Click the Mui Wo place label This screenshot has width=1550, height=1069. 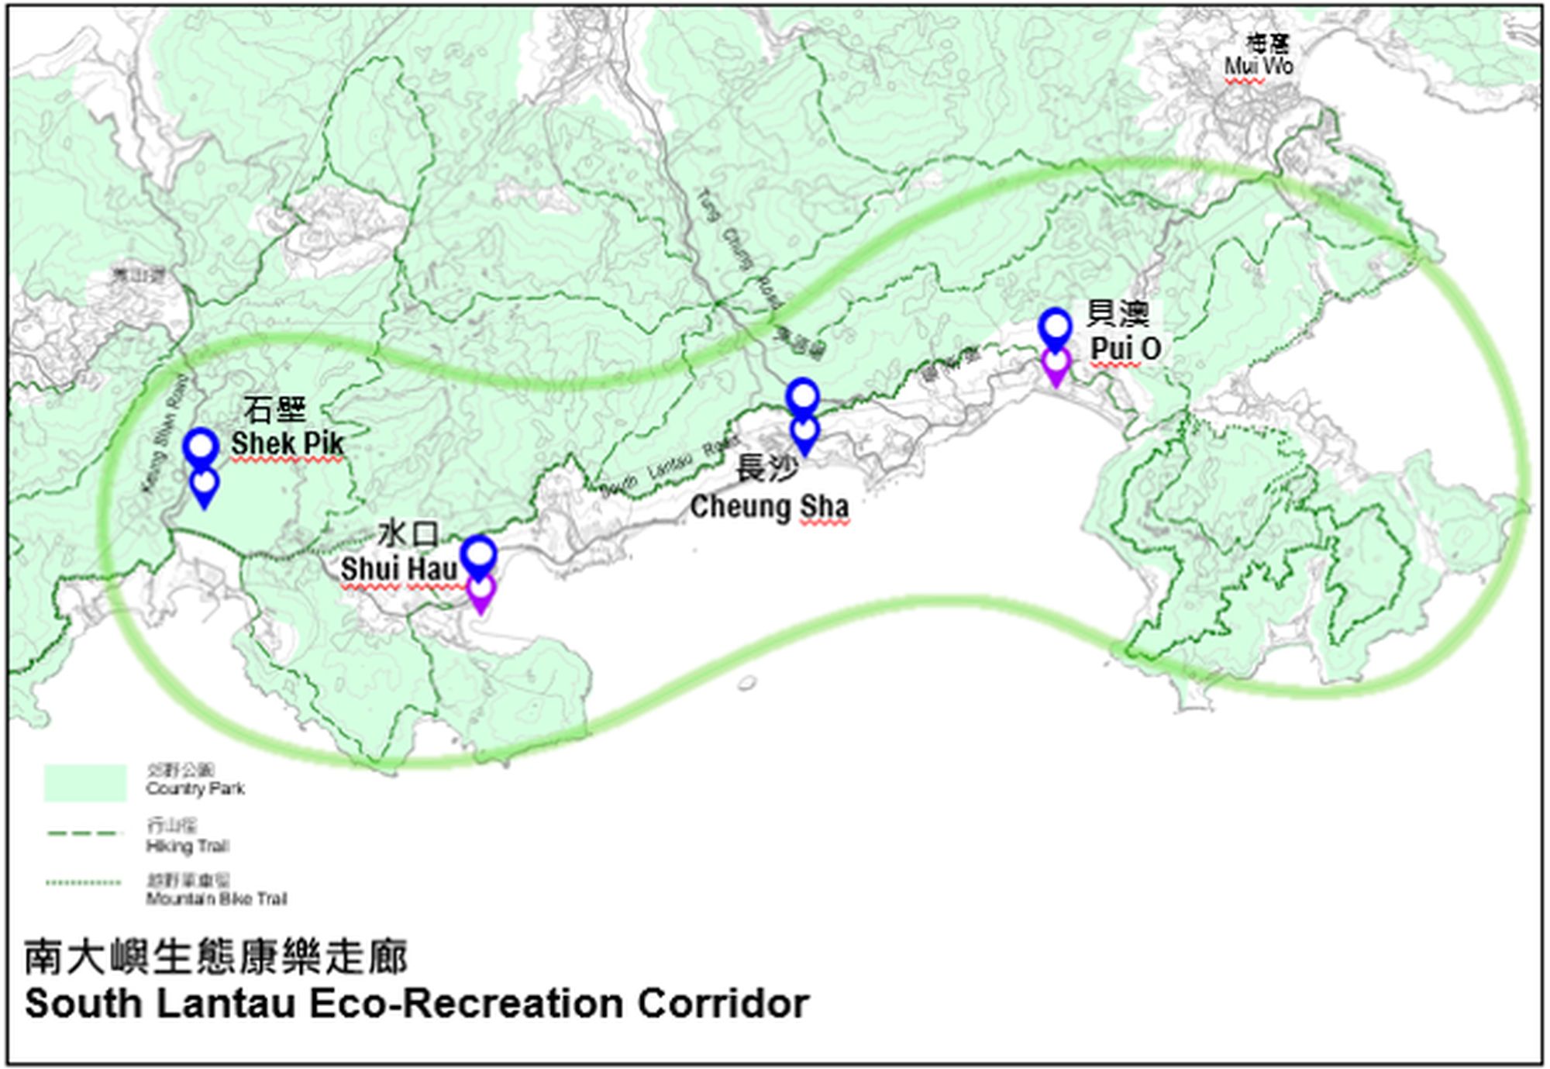pyautogui.click(x=1259, y=67)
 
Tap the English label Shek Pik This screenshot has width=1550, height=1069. pyautogui.click(x=287, y=443)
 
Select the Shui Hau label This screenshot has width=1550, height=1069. pyautogui.click(x=398, y=568)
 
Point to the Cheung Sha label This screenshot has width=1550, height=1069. pyautogui.click(x=769, y=507)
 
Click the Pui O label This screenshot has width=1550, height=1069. pyautogui.click(x=1125, y=349)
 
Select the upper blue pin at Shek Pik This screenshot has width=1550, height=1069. pyautogui.click(x=201, y=447)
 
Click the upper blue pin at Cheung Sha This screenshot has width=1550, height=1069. pyautogui.click(x=803, y=397)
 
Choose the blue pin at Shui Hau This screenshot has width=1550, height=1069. pyautogui.click(x=479, y=555)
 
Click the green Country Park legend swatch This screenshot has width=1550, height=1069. pyautogui.click(x=85, y=782)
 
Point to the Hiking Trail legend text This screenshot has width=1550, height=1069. pyautogui.click(x=188, y=846)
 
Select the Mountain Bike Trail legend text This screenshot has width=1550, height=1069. pyautogui.click(x=216, y=899)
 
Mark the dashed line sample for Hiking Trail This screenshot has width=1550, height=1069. pyautogui.click(x=85, y=834)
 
